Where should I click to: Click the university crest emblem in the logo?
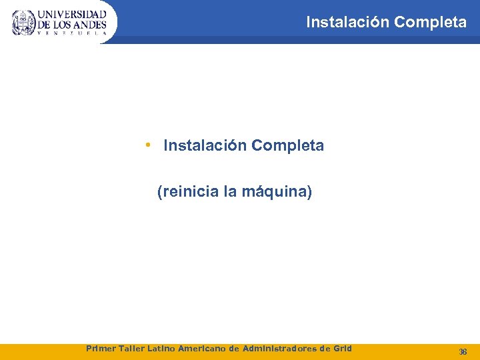coord(23,22)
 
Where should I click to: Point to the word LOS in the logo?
coord(62,24)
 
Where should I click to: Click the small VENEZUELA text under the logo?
coord(72,33)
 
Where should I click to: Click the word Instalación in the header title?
coord(347,22)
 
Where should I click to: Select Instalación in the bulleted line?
coord(204,145)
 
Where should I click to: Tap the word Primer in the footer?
coord(101,348)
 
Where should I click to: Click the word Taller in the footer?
coord(132,348)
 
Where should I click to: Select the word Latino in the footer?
coord(163,348)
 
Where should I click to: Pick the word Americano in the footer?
coord(203,348)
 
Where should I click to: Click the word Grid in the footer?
coord(341,348)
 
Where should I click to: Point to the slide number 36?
coord(463,351)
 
